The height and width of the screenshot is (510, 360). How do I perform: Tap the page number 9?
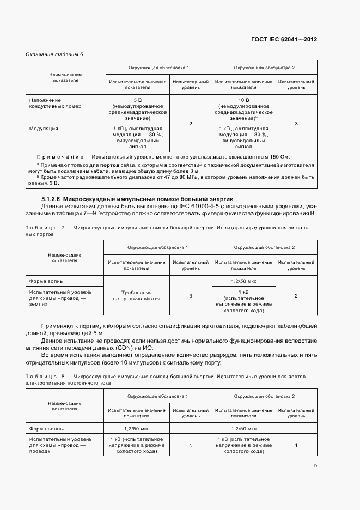(315, 465)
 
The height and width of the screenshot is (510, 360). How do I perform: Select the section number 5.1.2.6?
(51, 199)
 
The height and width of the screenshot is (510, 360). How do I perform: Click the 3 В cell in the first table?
(137, 100)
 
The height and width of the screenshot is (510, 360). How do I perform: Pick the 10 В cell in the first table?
(243, 100)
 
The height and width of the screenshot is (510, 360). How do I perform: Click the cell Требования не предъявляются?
(136, 295)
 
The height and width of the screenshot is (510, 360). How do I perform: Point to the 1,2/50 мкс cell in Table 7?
(243, 281)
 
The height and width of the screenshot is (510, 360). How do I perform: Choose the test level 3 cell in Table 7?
(190, 295)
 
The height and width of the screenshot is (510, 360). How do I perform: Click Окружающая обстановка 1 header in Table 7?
(158, 247)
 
